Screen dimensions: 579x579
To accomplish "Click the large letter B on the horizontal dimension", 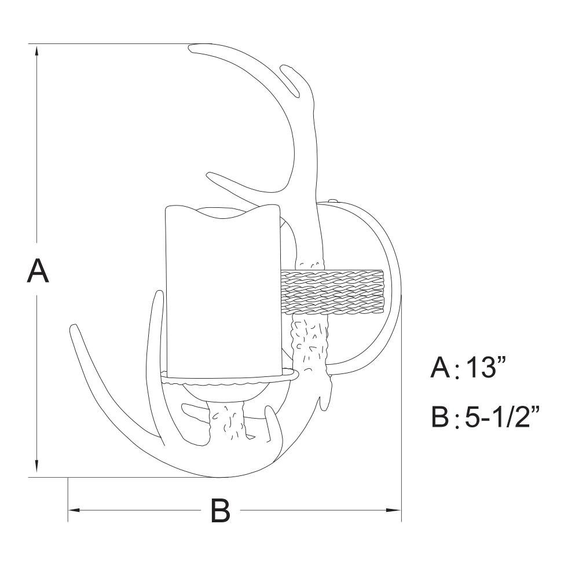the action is click(x=221, y=510).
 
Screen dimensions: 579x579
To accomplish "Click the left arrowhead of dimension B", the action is click(x=74, y=510).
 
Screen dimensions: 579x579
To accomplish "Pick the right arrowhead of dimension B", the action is click(x=394, y=510).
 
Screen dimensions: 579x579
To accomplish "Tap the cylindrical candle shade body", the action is click(x=223, y=292).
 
